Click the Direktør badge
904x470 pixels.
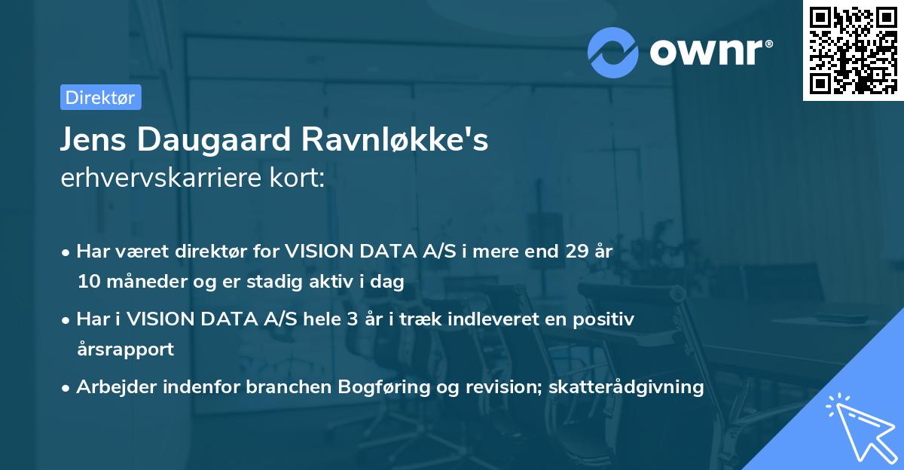click(100, 97)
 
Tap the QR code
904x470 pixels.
click(853, 50)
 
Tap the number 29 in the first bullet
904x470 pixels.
click(579, 252)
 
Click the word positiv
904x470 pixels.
click(607, 319)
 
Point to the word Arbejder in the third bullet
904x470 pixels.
click(111, 387)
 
